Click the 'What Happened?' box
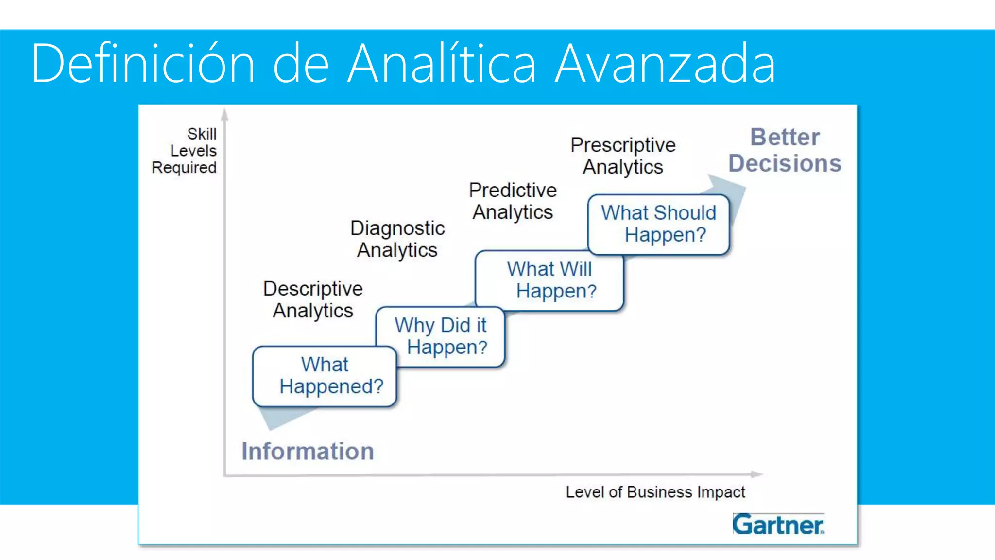(x=325, y=376)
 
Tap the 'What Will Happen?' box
(x=549, y=280)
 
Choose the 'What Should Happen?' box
(x=658, y=224)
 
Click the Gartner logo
(x=778, y=525)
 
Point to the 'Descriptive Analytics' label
(x=313, y=299)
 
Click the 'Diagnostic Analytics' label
(x=397, y=239)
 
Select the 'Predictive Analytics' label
(x=513, y=201)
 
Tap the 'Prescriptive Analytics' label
(x=623, y=156)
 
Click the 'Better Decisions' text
(x=785, y=150)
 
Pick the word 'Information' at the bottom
(x=308, y=451)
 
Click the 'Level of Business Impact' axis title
(x=655, y=492)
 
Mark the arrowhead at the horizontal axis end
(x=756, y=474)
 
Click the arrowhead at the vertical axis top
(x=224, y=115)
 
